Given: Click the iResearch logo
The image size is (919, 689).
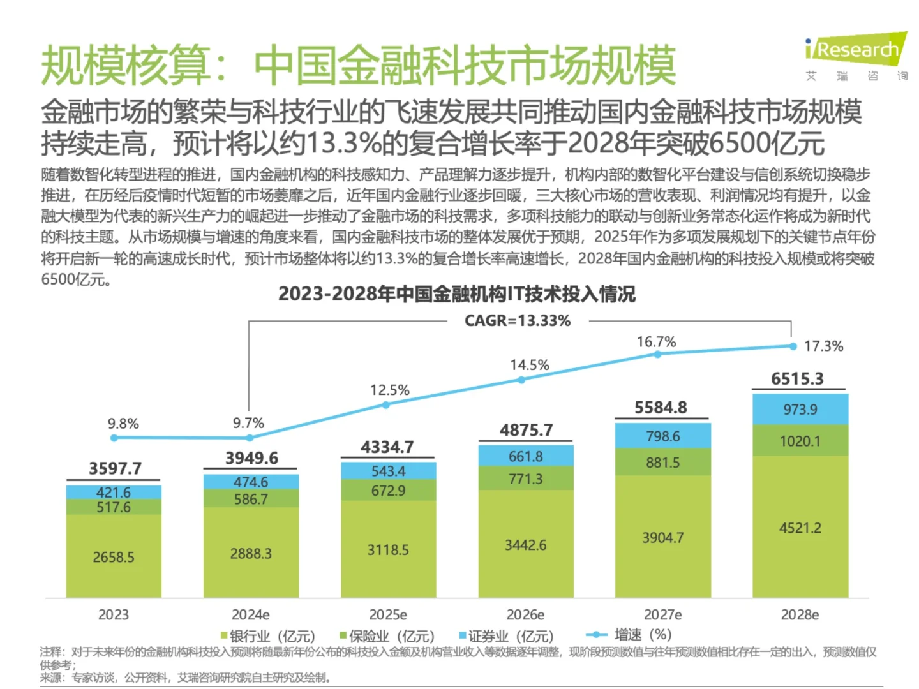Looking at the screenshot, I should point(856,50).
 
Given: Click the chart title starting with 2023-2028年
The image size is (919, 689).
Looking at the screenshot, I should point(456,294).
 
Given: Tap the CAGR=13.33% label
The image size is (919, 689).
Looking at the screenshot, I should point(517,321).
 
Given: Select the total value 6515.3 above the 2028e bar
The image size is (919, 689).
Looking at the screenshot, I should point(797,379).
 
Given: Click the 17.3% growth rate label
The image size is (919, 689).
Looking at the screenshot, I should point(823,346).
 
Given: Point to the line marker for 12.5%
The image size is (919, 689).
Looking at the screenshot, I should point(386,405).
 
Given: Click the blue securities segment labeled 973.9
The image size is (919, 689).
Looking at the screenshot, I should point(800,410).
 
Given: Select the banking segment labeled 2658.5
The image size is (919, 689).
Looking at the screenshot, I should point(114,557).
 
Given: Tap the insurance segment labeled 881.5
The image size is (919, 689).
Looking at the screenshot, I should point(662,463).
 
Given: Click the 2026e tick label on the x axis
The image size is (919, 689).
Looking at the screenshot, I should point(525,615).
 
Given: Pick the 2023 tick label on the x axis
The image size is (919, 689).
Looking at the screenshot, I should point(114,615).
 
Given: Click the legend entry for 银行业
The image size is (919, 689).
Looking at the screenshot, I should point(268,636).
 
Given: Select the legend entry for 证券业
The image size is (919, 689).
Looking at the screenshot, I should point(507,636).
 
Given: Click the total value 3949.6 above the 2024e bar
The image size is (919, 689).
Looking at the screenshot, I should point(251,458).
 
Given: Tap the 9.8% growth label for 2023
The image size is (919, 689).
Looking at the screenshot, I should point(123,424).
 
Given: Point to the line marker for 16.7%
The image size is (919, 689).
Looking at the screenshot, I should point(657,354).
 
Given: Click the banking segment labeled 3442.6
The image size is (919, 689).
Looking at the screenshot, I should point(525,545).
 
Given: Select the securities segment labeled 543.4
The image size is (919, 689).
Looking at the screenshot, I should point(388,471).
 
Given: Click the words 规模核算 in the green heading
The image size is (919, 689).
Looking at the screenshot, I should point(124,66).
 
